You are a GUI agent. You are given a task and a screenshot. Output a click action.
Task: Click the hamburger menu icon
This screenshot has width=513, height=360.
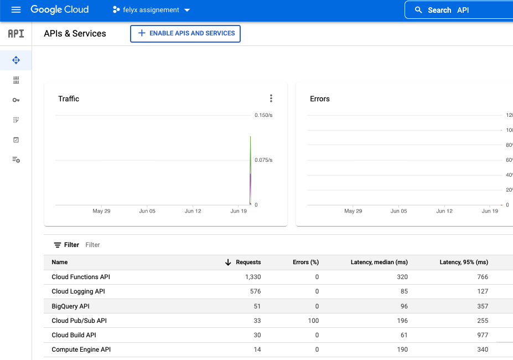[15, 10]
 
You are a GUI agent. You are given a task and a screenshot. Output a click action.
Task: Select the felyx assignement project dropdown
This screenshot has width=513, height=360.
[151, 10]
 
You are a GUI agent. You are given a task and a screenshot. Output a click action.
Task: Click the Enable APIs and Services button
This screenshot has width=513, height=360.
[185, 33]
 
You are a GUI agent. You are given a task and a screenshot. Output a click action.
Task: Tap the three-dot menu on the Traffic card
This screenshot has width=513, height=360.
[271, 99]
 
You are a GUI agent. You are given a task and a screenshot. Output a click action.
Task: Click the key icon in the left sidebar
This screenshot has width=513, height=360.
[16, 100]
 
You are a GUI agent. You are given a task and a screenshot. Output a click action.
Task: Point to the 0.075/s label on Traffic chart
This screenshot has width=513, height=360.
[263, 160]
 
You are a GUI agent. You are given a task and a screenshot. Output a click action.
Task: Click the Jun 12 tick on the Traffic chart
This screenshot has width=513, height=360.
[193, 211]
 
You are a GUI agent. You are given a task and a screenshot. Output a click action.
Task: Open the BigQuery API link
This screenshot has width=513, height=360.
[70, 306]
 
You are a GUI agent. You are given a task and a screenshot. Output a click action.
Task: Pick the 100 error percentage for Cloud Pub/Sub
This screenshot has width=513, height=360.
[314, 321]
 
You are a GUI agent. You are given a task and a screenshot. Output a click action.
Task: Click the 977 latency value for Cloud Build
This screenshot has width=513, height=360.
[482, 335]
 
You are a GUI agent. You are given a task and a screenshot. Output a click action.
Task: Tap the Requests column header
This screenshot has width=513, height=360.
[248, 263]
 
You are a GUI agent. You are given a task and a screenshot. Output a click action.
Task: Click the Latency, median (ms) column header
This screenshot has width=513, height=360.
[379, 263]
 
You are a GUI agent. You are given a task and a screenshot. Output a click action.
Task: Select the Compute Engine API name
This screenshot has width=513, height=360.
[81, 349]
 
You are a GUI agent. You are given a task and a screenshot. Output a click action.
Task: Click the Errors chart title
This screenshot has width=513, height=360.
[320, 99]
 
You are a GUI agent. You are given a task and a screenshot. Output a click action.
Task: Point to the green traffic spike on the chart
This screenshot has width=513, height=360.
[251, 155]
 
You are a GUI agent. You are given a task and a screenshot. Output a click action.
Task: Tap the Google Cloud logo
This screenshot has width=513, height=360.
[59, 10]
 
